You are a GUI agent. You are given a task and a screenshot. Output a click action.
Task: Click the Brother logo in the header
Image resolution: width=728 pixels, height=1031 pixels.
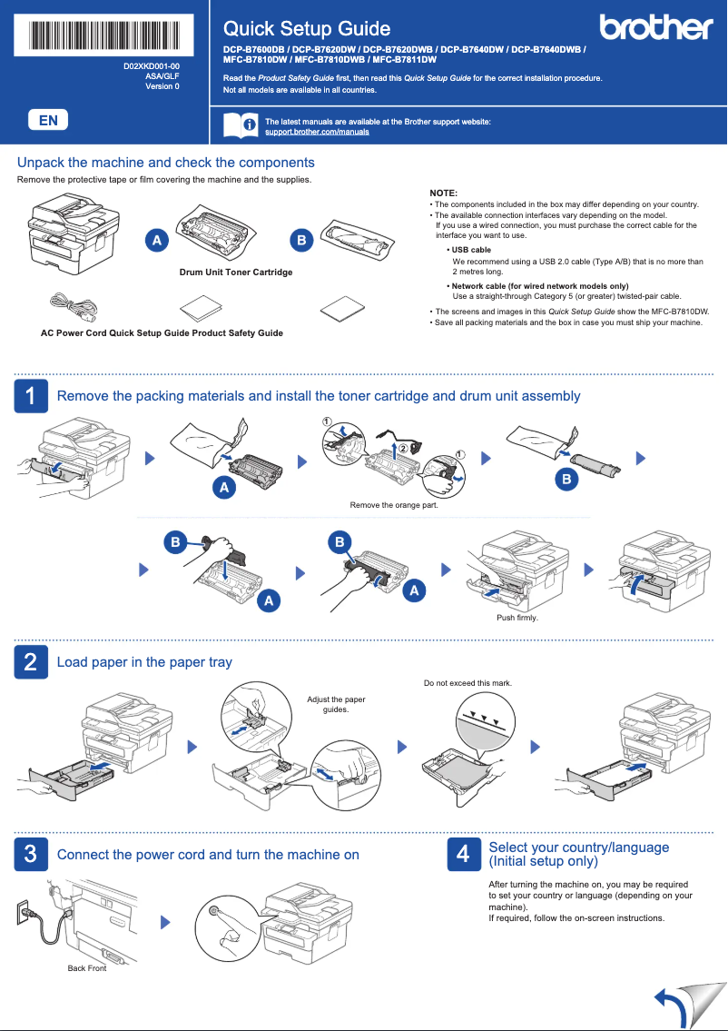point(655,27)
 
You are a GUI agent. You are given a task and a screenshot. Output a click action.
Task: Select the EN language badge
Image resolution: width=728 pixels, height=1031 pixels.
point(48,120)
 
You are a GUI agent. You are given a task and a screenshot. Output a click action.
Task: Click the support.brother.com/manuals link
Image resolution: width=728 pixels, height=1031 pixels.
point(316,133)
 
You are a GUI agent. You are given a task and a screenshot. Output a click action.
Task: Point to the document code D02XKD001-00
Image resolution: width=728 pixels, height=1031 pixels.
point(152,67)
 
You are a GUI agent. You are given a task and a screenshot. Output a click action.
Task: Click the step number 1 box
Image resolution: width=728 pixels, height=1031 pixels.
point(30,396)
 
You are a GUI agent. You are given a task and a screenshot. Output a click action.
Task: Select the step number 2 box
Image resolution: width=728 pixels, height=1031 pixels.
point(30,662)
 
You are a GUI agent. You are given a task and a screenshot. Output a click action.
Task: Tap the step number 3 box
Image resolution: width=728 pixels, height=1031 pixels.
point(30,855)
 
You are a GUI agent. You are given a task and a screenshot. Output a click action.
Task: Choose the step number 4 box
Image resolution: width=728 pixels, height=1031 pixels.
point(463,855)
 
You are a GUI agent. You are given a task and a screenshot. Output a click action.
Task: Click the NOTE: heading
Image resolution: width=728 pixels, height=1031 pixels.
point(443,193)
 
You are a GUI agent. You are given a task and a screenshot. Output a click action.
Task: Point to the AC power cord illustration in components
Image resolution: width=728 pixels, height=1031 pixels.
point(73,306)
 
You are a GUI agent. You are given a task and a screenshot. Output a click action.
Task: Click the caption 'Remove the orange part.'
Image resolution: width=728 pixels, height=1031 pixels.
point(394,505)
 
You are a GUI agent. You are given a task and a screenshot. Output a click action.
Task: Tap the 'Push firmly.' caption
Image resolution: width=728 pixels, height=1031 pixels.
point(517,618)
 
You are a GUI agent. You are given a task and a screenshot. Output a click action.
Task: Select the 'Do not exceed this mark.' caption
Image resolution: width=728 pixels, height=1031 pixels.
point(467,682)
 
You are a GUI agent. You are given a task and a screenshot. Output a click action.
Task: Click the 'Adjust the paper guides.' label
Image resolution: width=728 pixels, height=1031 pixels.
point(336,704)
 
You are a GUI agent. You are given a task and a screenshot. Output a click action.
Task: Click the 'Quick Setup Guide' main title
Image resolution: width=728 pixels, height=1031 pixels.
point(307,29)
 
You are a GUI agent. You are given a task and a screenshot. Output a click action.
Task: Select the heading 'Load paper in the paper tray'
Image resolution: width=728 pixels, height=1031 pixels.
point(144,662)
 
